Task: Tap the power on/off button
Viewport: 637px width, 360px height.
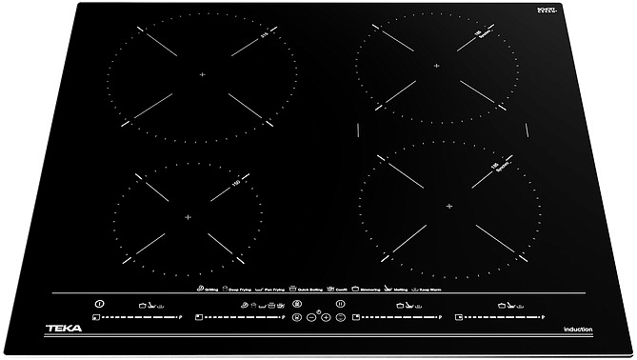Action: (99, 303)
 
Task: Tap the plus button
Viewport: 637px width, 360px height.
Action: (326, 316)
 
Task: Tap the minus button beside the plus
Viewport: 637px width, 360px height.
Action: (311, 316)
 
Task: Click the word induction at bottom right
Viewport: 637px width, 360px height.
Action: (578, 329)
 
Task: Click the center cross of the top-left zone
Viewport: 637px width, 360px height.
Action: (203, 74)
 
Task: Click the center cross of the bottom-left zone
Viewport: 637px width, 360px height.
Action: (187, 217)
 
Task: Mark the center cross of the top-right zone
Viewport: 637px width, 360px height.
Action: (437, 66)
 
